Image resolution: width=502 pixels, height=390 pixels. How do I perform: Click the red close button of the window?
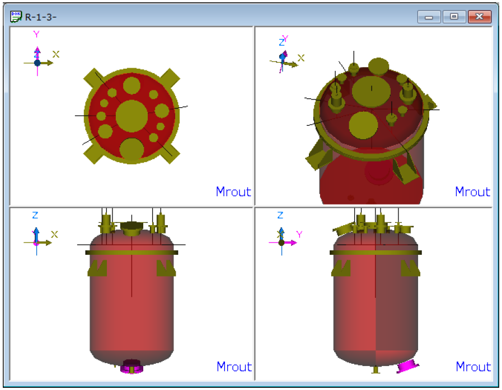[479, 17]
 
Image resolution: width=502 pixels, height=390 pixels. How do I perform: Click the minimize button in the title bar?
[429, 17]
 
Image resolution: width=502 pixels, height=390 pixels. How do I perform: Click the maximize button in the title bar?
[454, 17]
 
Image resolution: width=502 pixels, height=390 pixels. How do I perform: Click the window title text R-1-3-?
[41, 17]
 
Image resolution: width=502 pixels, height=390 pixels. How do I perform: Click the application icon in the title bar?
[16, 17]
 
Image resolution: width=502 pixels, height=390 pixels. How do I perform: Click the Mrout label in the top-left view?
[233, 192]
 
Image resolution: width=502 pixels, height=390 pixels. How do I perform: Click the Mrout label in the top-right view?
[472, 192]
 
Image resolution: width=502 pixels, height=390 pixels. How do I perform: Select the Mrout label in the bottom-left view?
[234, 367]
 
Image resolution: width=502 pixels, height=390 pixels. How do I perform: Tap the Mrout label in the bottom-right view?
[473, 367]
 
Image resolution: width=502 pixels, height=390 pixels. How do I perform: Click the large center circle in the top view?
[132, 116]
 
